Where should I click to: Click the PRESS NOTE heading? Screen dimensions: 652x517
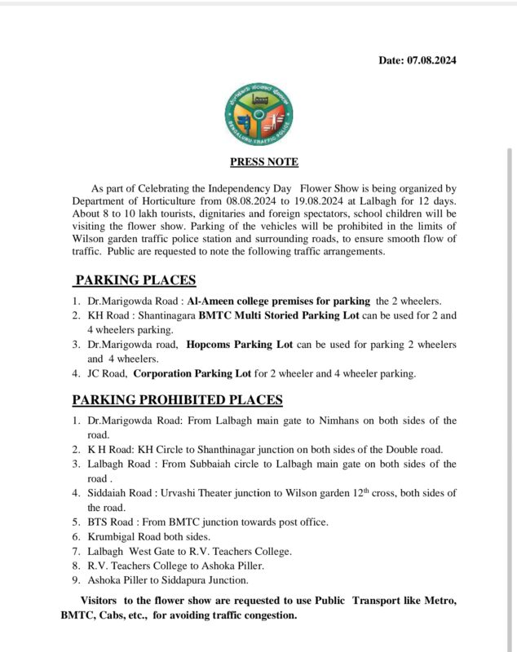(264, 161)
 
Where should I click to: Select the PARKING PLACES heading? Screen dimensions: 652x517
(135, 280)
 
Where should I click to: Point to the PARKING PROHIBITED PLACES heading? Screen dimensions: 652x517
(177, 399)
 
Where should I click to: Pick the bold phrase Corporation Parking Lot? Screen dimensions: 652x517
(191, 374)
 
